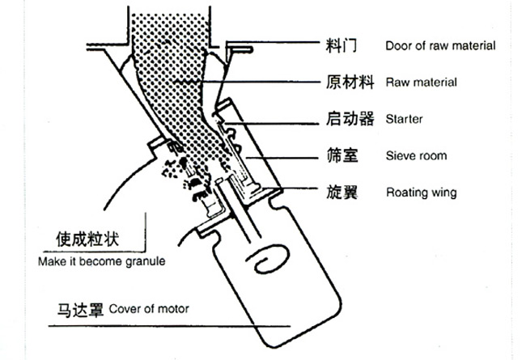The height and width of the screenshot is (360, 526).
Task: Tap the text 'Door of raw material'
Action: click(x=440, y=46)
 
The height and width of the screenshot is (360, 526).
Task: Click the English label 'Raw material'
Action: click(x=422, y=83)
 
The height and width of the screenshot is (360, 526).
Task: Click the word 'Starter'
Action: click(x=405, y=120)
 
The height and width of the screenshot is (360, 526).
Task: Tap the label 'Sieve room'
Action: click(x=416, y=156)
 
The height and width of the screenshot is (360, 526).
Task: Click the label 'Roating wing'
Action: click(x=421, y=193)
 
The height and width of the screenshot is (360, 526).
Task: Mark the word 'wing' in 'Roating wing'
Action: click(x=444, y=193)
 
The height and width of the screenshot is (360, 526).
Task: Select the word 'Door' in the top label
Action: click(x=398, y=46)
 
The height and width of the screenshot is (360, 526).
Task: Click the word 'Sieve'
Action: click(x=402, y=156)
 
